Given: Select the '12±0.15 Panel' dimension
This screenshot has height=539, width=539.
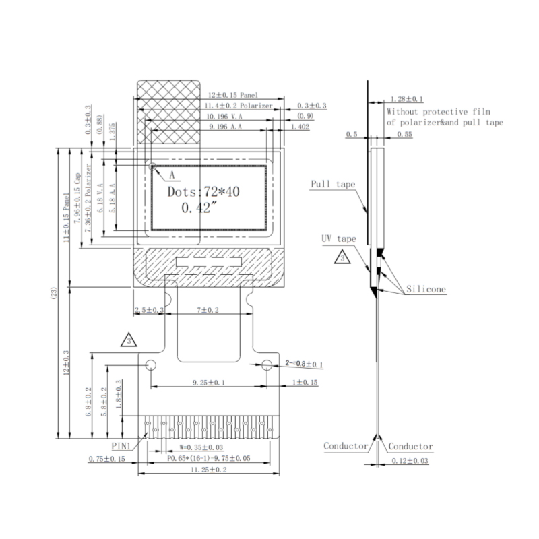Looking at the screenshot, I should pyautogui.click(x=232, y=96).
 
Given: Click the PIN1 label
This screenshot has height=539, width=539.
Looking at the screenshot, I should pyautogui.click(x=121, y=446).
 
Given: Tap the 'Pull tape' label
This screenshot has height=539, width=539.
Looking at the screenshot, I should pyautogui.click(x=333, y=184).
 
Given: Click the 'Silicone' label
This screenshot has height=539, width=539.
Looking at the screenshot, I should pyautogui.click(x=426, y=290).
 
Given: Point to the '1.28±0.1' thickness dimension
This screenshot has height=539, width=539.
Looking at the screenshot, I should pyautogui.click(x=406, y=98).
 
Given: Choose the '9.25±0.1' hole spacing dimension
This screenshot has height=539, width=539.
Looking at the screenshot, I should pyautogui.click(x=208, y=383).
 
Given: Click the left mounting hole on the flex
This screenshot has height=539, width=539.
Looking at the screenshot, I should pyautogui.click(x=150, y=364).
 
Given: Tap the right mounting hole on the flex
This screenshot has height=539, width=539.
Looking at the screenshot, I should pyautogui.click(x=267, y=364).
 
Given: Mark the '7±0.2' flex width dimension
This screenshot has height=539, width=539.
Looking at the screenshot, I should pyautogui.click(x=207, y=309).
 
